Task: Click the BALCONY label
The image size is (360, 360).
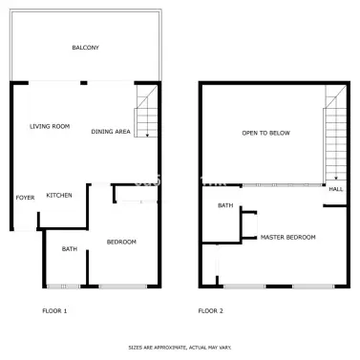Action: (x=85, y=48)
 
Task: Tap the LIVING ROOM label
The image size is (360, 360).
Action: (x=50, y=126)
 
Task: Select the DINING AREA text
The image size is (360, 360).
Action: (x=111, y=132)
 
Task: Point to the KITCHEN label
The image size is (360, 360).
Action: (x=59, y=195)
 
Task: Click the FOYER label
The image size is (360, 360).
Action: (x=25, y=198)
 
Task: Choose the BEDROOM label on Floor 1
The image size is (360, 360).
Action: (x=121, y=242)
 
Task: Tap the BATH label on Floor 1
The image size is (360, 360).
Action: (x=70, y=249)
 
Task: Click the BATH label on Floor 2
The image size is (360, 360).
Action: (x=225, y=205)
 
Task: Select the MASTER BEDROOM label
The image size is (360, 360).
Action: (x=288, y=237)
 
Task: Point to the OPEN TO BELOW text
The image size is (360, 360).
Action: (x=266, y=133)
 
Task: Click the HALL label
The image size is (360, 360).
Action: (x=336, y=189)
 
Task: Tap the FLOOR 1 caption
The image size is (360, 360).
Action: (x=54, y=311)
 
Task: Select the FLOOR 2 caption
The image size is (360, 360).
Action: (x=211, y=311)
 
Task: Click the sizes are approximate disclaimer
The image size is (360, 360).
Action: (x=180, y=348)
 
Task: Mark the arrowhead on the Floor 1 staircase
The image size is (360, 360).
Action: (x=147, y=136)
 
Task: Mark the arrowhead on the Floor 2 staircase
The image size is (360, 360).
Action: (x=336, y=179)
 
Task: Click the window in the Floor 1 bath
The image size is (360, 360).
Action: (x=64, y=286)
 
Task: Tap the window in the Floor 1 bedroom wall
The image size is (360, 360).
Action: (x=123, y=286)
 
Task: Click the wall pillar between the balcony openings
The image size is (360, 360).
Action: (x=84, y=83)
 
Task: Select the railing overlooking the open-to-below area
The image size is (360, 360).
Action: (x=282, y=185)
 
